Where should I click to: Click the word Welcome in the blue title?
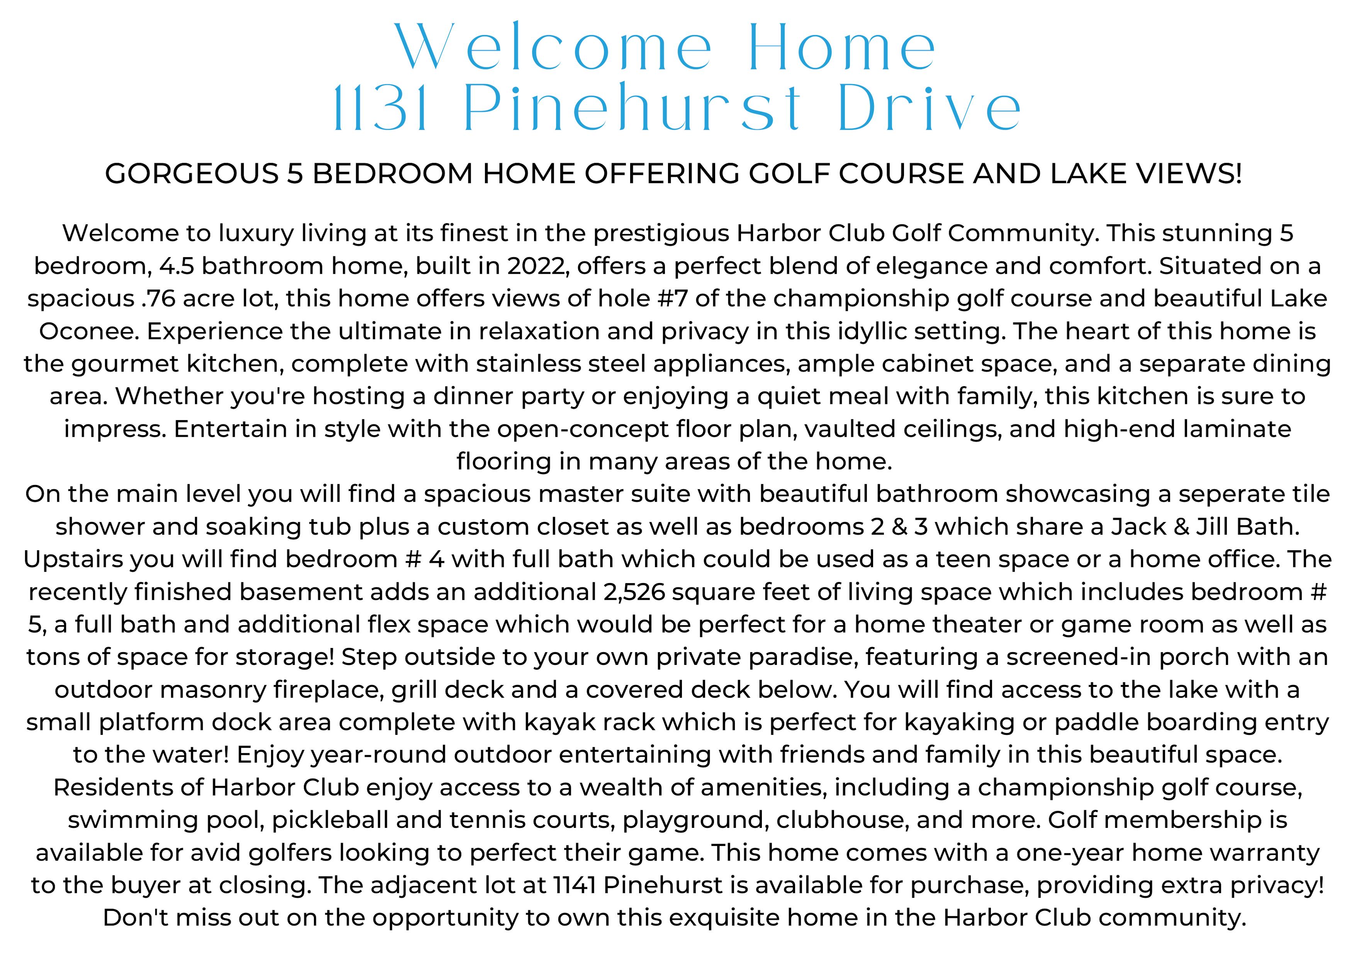click(x=553, y=47)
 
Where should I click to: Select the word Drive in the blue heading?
click(x=929, y=109)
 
